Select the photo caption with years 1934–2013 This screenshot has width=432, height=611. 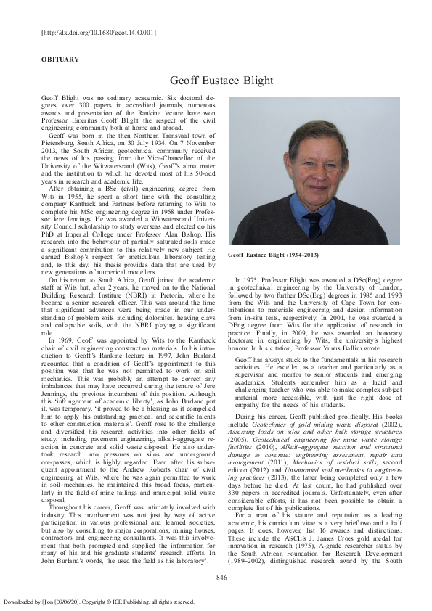(x=274, y=256)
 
